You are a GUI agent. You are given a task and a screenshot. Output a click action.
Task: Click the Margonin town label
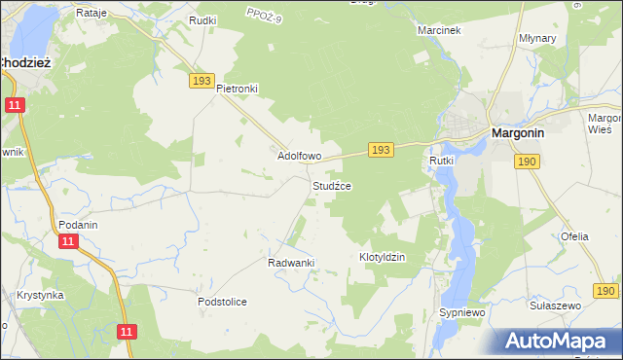click(x=524, y=133)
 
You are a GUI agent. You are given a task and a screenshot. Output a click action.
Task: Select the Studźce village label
click(x=331, y=185)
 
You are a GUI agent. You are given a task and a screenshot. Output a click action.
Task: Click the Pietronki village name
click(x=237, y=89)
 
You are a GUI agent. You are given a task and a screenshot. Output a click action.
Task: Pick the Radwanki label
click(x=290, y=263)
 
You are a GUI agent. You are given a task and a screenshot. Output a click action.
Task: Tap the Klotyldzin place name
click(x=382, y=257)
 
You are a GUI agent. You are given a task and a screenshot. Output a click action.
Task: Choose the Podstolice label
click(x=222, y=302)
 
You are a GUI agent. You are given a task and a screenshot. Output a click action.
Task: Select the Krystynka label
click(x=40, y=295)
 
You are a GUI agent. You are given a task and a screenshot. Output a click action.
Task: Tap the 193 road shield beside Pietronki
click(x=202, y=82)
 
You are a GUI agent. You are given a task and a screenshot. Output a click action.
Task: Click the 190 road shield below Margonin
click(x=528, y=161)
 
